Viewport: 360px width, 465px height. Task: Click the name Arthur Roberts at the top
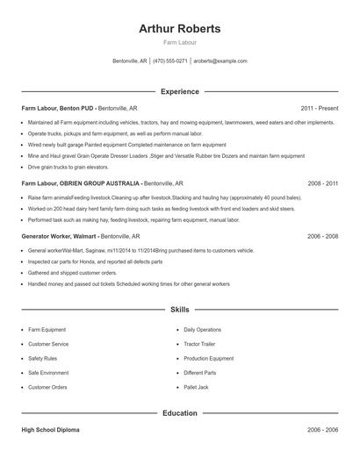(x=180, y=29)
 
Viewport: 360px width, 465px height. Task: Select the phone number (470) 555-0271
(x=170, y=61)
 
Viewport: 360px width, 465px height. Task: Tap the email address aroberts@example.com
(x=220, y=61)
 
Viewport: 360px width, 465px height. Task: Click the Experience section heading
(x=180, y=91)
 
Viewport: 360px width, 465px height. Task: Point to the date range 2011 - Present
(x=320, y=108)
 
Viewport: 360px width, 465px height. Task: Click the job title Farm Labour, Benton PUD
(x=57, y=108)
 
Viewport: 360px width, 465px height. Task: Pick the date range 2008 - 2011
(x=322, y=184)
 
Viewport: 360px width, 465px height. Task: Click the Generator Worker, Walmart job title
(x=59, y=236)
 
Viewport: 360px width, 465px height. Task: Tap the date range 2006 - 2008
(x=322, y=236)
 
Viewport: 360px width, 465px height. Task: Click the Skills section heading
(x=180, y=310)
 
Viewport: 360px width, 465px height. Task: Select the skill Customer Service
(x=48, y=344)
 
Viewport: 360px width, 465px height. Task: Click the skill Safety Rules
(x=43, y=358)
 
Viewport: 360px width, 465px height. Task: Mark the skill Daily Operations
(x=203, y=329)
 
